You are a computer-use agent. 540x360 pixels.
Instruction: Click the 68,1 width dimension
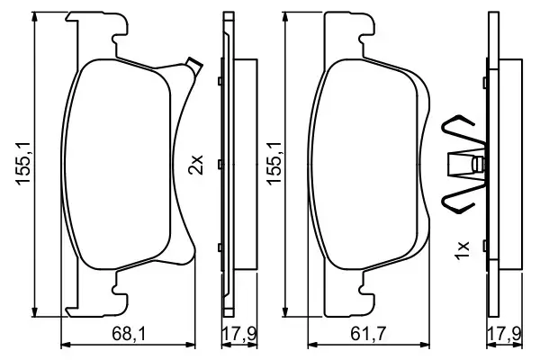(129, 334)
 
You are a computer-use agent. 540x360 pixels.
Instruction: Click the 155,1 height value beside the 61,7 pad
(275, 165)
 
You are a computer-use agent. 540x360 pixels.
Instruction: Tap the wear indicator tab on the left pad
(190, 65)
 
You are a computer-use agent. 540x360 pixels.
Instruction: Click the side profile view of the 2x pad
(229, 165)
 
